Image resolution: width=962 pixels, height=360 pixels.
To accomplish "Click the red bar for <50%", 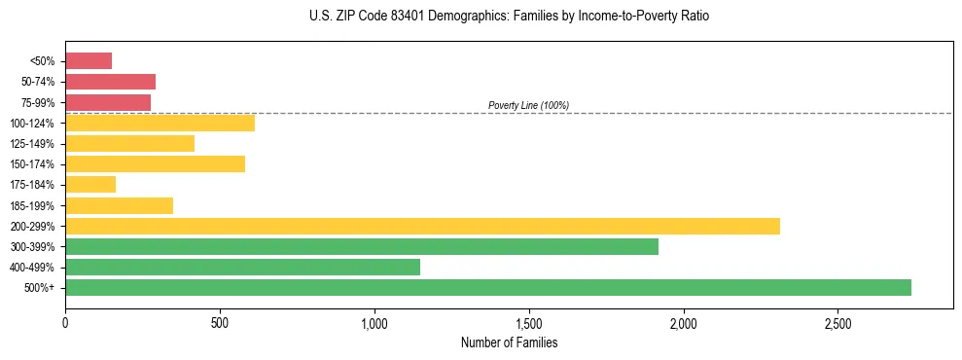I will click(x=89, y=61).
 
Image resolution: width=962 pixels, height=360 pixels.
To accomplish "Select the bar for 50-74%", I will click(x=110, y=82).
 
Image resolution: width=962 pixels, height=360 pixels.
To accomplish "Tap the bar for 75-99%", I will click(x=108, y=102).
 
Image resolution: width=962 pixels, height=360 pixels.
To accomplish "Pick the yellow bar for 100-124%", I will click(x=160, y=123).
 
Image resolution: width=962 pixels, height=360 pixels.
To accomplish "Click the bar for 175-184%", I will click(x=90, y=185).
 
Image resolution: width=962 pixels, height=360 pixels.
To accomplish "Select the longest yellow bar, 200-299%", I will click(x=422, y=227).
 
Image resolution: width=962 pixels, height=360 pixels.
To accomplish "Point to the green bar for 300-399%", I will click(x=362, y=247).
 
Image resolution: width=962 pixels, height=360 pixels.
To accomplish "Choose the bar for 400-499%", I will click(x=242, y=268).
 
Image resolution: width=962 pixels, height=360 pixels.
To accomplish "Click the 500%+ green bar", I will click(x=488, y=288).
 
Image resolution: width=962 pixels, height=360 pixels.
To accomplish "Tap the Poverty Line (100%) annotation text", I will click(x=528, y=105).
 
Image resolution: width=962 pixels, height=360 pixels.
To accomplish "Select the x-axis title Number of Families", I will click(x=510, y=342).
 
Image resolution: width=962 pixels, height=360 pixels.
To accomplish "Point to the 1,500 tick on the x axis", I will click(x=529, y=323).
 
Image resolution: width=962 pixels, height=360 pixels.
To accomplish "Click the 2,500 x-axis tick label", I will click(x=838, y=323).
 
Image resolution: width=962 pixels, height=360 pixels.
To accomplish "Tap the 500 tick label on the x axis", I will click(x=220, y=323).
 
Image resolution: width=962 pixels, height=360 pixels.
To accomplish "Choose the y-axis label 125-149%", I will click(x=32, y=144).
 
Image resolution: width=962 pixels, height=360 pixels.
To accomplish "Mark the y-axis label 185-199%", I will click(x=32, y=205).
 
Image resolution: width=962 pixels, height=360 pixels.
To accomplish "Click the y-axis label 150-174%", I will click(x=32, y=164).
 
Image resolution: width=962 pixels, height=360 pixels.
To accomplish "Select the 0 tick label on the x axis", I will click(x=65, y=323).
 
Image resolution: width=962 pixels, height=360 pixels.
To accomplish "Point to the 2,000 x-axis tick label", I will click(x=684, y=323).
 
